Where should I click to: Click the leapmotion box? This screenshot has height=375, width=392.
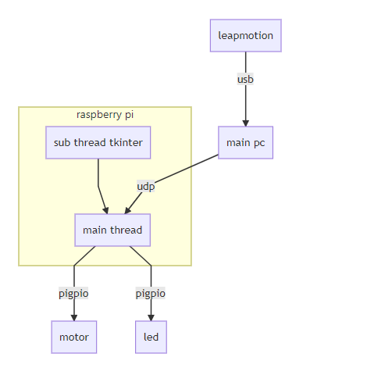coord(246,35)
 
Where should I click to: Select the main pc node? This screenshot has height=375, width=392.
coord(245,142)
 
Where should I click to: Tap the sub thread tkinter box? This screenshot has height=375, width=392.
coord(98,142)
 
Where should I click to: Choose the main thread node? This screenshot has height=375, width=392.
coord(112,230)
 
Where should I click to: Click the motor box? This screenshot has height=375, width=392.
coord(74,337)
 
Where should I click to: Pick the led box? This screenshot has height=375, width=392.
coord(151,337)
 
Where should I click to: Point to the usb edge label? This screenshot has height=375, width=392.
coord(245,79)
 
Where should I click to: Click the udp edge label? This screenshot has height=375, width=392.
coord(146,186)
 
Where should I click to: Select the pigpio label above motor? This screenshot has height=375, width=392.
coord(73,294)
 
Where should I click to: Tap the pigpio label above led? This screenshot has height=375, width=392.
coord(151,294)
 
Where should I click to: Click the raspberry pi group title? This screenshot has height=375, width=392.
coord(105,115)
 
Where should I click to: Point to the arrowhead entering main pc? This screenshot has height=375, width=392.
coord(245,123)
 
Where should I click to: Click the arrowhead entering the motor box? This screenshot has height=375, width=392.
coord(74,318)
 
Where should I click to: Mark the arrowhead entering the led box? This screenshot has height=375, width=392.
coord(151,318)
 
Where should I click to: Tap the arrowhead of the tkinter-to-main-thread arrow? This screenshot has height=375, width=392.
coord(105,210)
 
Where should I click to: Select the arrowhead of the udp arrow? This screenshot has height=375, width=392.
coord(127,210)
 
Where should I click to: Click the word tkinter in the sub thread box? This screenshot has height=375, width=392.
coord(126,142)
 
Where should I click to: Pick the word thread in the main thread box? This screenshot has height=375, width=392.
coord(127,230)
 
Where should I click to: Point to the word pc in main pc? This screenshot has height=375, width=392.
coord(259,143)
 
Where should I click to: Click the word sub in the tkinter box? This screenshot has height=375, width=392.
coord(62,142)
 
